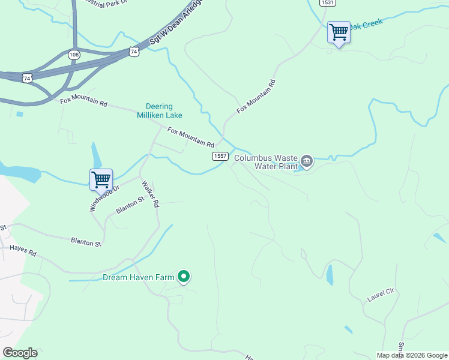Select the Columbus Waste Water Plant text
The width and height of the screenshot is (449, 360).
[x=265, y=162]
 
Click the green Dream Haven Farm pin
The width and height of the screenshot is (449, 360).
[x=185, y=277]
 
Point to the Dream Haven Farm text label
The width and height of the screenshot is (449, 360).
[x=138, y=277]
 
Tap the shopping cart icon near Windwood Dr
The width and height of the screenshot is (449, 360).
[x=101, y=179]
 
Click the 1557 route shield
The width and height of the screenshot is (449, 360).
[x=220, y=156]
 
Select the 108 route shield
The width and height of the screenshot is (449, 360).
[x=74, y=55]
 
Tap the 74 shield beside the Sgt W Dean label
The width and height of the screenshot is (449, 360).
[x=133, y=52]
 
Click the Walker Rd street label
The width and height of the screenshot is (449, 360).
[x=149, y=194]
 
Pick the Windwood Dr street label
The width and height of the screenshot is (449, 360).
[x=104, y=197]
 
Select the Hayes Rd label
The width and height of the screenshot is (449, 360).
[x=23, y=250]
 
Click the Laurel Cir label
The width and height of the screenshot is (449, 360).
[x=380, y=295]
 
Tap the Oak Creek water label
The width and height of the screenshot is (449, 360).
[x=365, y=25]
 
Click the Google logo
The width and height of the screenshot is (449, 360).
[x=20, y=353]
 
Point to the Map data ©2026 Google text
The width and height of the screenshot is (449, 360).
[x=412, y=355]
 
